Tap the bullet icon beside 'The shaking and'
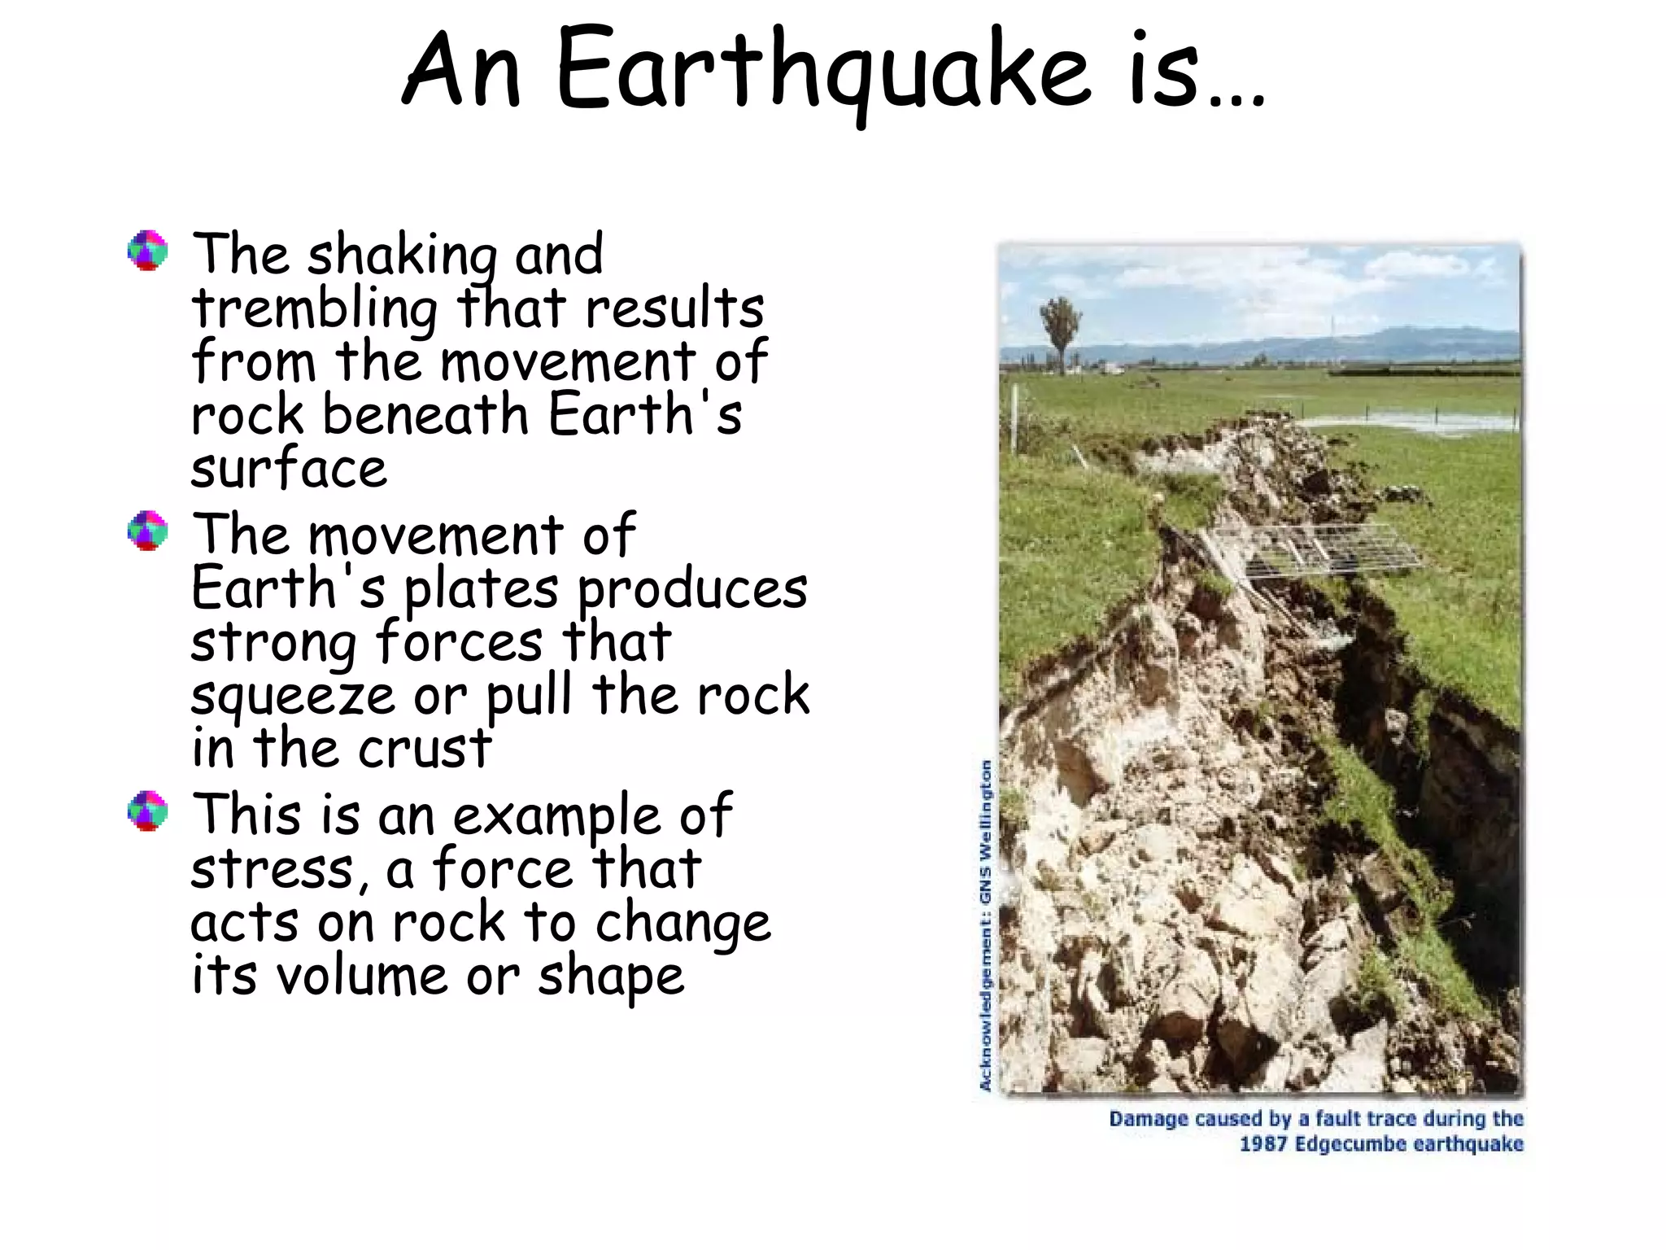pyautogui.click(x=148, y=251)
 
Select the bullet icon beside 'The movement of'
pyautogui.click(x=148, y=531)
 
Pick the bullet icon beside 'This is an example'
pyautogui.click(x=148, y=811)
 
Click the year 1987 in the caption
pyautogui.click(x=1263, y=1144)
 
